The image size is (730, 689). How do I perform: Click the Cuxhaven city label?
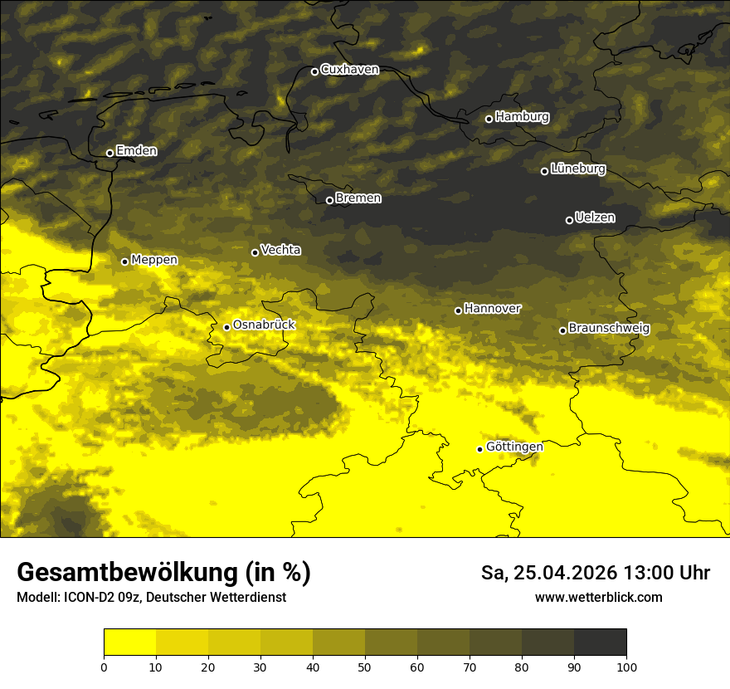pyautogui.click(x=349, y=70)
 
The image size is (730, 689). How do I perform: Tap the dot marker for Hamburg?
pyautogui.click(x=489, y=119)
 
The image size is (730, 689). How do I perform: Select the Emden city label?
pyautogui.click(x=136, y=151)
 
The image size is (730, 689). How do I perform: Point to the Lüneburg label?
pyautogui.click(x=577, y=169)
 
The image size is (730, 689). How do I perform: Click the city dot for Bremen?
pyautogui.click(x=329, y=200)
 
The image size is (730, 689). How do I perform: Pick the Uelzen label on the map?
pyautogui.click(x=595, y=217)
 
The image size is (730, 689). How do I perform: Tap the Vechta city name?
pyautogui.click(x=280, y=250)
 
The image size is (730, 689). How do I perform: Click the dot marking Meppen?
pyautogui.click(x=124, y=261)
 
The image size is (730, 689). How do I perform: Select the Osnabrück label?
pyautogui.click(x=264, y=325)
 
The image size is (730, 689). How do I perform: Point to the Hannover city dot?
pyautogui.click(x=458, y=310)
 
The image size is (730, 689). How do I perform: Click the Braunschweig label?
pyautogui.click(x=609, y=328)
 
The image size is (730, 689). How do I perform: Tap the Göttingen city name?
pyautogui.click(x=514, y=447)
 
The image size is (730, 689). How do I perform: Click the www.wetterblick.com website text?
pyautogui.click(x=598, y=597)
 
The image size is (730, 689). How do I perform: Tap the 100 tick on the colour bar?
pyautogui.click(x=626, y=666)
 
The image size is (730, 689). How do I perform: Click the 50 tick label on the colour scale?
pyautogui.click(x=365, y=666)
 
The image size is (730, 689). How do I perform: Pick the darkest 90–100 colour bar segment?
pyautogui.click(x=600, y=642)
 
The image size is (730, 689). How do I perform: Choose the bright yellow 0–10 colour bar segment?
pyautogui.click(x=129, y=642)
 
